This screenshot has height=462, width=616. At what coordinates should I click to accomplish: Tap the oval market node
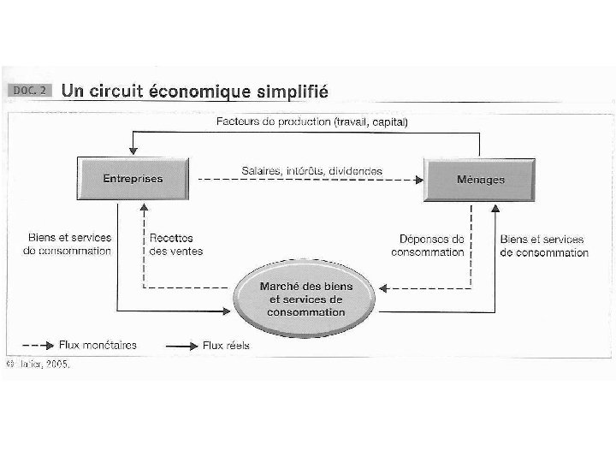click(x=305, y=299)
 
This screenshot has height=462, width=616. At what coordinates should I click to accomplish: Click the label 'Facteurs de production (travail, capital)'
click(x=311, y=122)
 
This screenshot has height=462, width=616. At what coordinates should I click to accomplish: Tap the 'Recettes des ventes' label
click(x=171, y=245)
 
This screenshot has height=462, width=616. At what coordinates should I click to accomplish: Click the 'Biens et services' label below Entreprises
click(x=68, y=245)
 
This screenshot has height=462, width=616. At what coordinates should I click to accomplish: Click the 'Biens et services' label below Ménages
click(x=544, y=246)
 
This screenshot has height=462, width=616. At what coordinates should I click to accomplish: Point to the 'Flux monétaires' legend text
click(x=98, y=346)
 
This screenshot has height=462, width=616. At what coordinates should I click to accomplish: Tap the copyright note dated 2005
click(x=38, y=364)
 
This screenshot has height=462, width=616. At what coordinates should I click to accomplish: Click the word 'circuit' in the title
click(x=115, y=90)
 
